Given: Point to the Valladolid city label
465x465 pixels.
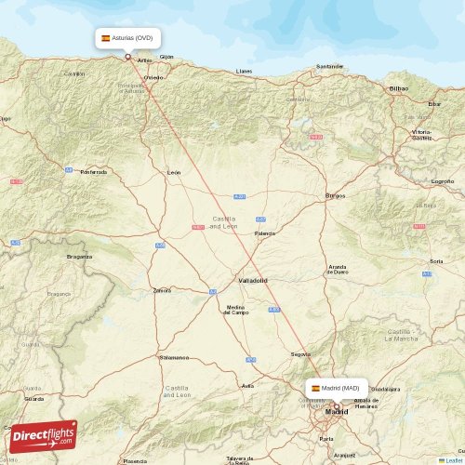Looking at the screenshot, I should (x=252, y=280).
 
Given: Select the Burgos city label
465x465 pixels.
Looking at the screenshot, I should (x=335, y=195).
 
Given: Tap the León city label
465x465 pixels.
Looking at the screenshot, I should (x=174, y=173).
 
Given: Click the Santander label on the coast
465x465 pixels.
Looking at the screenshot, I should (x=330, y=66).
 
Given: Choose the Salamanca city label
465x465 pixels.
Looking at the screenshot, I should (x=174, y=357).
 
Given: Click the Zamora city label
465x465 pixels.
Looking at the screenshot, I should (x=162, y=290).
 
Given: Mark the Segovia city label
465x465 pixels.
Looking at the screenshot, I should (x=300, y=353).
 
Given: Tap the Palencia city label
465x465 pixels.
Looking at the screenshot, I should (x=265, y=233).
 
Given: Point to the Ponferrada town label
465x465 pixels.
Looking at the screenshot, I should (x=94, y=171).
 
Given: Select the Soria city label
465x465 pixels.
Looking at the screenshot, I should (x=436, y=261).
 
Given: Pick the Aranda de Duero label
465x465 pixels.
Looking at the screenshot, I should (x=338, y=270).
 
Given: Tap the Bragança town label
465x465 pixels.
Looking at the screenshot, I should (x=79, y=256).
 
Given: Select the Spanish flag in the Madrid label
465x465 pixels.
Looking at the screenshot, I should (x=315, y=388).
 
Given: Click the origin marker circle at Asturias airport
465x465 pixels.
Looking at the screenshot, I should (x=128, y=56).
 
